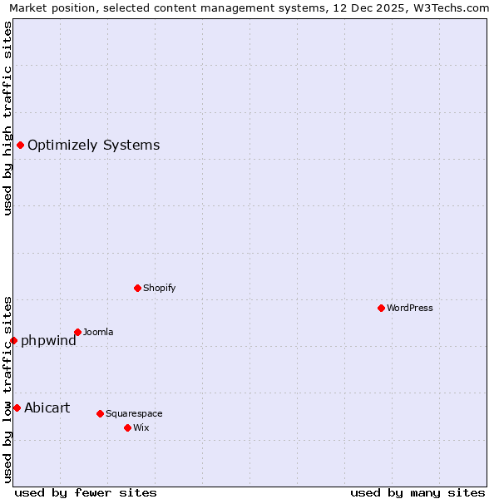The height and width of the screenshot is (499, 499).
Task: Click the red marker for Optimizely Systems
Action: point(20,146)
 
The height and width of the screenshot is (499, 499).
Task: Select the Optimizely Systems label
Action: point(93,146)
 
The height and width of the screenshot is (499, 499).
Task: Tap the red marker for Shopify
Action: point(137,288)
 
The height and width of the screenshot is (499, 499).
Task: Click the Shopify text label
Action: point(159,288)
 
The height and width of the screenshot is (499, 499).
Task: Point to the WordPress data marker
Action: point(381,308)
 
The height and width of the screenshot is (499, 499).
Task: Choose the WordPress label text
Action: point(409,308)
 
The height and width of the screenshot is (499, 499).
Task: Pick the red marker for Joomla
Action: point(77,332)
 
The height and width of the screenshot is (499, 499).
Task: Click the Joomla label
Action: point(98,333)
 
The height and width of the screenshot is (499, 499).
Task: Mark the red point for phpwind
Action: point(13,340)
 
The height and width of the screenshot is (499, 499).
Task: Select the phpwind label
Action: point(48,340)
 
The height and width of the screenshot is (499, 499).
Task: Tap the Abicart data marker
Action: point(17,408)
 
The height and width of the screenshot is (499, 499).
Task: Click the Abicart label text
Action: point(47,408)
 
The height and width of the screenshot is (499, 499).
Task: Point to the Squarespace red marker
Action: point(100,413)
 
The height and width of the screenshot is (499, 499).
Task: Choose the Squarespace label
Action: point(134,413)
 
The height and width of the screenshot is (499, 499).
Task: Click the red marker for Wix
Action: point(127,427)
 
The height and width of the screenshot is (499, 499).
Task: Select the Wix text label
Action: point(141,427)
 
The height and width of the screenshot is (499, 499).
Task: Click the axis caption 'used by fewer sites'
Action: point(86,492)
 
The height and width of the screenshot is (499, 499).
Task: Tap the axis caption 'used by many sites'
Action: point(417,492)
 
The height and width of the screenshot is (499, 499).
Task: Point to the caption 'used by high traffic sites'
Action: point(8,118)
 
